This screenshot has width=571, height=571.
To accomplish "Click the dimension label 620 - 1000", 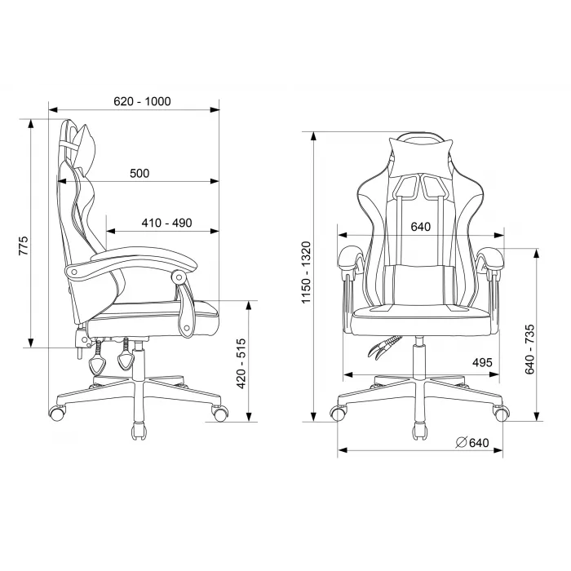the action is pyautogui.click(x=142, y=101).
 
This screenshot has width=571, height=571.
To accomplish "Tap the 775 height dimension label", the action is pyautogui.click(x=23, y=246).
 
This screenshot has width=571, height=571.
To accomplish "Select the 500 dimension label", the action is pyautogui.click(x=139, y=173).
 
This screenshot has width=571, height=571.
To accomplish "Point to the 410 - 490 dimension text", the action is pyautogui.click(x=166, y=223).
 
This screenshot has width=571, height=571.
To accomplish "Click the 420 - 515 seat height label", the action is pyautogui.click(x=241, y=364).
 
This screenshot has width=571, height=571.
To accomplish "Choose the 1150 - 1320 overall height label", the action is pyautogui.click(x=306, y=272).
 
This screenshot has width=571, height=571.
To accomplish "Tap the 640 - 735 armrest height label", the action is pyautogui.click(x=530, y=349).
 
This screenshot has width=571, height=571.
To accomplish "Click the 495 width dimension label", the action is pyautogui.click(x=482, y=363).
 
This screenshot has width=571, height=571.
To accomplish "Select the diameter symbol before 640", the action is pyautogui.click(x=461, y=442).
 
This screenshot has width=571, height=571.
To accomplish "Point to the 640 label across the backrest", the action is pyautogui.click(x=421, y=227).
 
